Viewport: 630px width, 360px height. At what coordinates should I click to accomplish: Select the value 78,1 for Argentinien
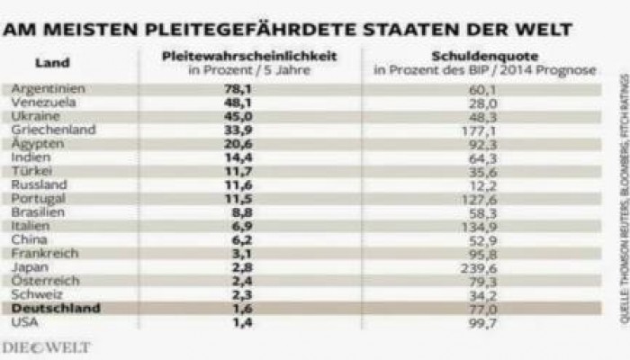point(238,90)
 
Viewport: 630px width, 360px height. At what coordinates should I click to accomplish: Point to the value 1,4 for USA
point(238,321)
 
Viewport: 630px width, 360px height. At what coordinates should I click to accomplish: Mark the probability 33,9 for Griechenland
point(238,130)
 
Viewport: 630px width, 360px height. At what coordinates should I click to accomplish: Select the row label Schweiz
point(32,294)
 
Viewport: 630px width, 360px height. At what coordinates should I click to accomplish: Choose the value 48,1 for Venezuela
point(238,103)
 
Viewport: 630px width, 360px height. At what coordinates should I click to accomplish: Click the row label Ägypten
point(32,144)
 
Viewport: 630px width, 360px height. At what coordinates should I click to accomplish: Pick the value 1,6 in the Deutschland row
point(238,308)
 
